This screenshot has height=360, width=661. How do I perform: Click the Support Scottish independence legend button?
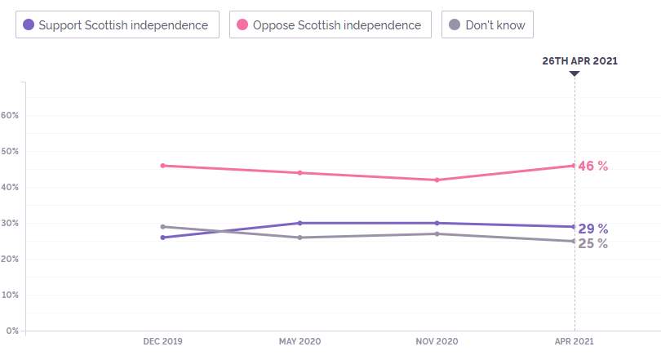click(118, 24)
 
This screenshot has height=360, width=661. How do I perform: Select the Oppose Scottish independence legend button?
click(330, 24)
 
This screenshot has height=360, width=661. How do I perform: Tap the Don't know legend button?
click(487, 24)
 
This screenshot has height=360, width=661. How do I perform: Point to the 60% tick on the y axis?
click(10, 115)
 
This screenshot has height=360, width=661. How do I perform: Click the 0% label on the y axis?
click(12, 331)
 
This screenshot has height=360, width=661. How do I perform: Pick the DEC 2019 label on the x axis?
click(162, 341)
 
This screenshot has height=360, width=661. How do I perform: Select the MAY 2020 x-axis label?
click(299, 341)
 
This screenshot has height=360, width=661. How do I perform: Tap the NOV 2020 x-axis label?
click(437, 341)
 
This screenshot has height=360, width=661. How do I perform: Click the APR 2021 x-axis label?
click(574, 341)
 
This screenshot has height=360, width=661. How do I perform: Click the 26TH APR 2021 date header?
click(579, 60)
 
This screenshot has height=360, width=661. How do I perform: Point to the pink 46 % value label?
click(593, 166)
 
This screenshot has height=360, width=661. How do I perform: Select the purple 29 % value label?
click(593, 229)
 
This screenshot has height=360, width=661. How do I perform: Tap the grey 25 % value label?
click(593, 243)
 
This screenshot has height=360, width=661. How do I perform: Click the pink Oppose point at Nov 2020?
click(437, 180)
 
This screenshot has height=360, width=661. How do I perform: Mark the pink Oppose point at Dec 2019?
click(162, 166)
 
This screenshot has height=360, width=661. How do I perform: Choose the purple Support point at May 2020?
click(299, 223)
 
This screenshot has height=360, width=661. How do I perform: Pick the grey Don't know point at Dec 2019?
click(162, 227)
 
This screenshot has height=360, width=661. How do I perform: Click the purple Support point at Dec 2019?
click(162, 238)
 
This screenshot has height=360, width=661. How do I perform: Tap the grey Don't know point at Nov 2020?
click(437, 234)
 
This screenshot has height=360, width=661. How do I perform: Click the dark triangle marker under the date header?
click(574, 73)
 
